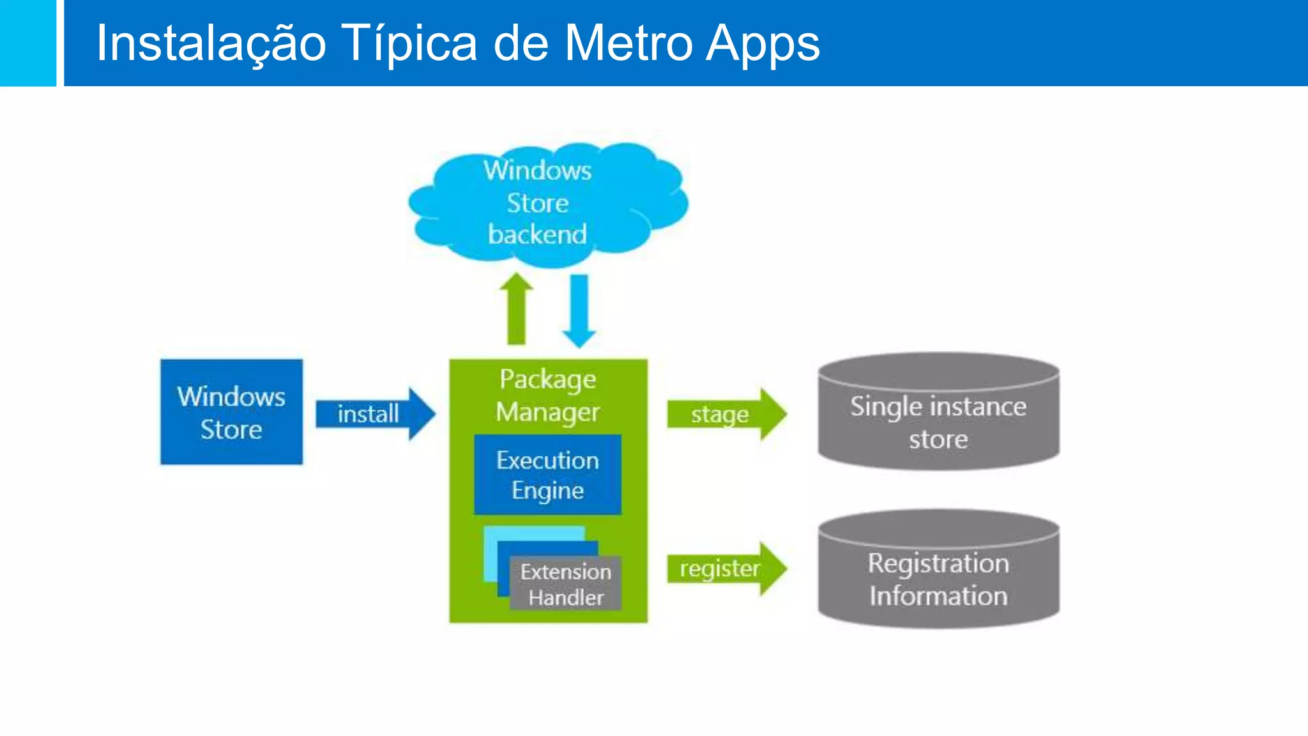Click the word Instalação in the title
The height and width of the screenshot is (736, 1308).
(x=211, y=43)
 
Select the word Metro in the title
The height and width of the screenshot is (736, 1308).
(x=628, y=43)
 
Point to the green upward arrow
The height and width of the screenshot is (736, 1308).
(x=516, y=310)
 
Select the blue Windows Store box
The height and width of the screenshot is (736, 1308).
(x=231, y=412)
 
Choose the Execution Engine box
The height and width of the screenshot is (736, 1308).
(x=547, y=475)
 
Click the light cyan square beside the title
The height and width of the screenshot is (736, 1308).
(x=27, y=43)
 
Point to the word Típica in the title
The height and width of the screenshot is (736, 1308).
(x=409, y=43)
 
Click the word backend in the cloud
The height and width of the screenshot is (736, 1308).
(x=537, y=234)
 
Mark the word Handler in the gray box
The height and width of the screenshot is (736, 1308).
(x=566, y=597)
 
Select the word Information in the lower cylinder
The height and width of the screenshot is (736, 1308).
(x=938, y=596)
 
